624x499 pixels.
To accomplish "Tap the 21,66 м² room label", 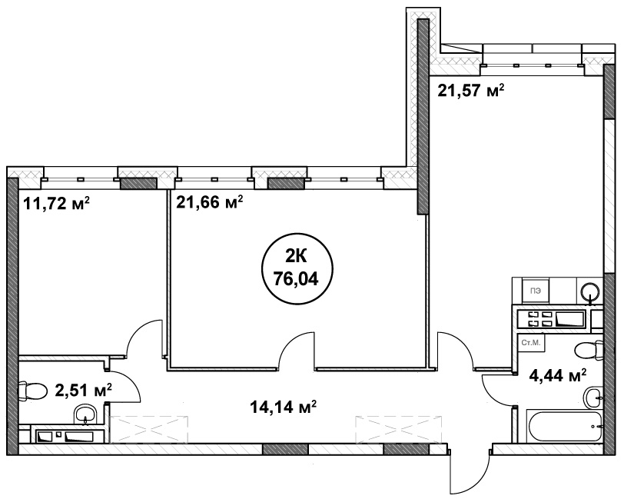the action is pos(209,203).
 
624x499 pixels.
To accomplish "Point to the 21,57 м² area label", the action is pos(471,91).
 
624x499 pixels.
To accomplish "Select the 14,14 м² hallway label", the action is pos(283,407).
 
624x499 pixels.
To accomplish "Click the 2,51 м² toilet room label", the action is pos(83,391).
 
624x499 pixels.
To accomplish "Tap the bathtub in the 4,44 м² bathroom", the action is pos(564,426).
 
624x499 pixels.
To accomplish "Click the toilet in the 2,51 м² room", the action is pos(28,392).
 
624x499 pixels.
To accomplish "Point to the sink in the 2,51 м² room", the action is pos(85,414).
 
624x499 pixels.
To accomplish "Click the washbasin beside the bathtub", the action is pos(594,397).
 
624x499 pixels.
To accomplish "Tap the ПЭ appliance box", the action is pos(536,291).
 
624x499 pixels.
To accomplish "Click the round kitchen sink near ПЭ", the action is pos(590,292).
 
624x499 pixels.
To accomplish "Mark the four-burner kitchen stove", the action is pos(551,319).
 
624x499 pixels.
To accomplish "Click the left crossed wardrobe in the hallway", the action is pos(148,429).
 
